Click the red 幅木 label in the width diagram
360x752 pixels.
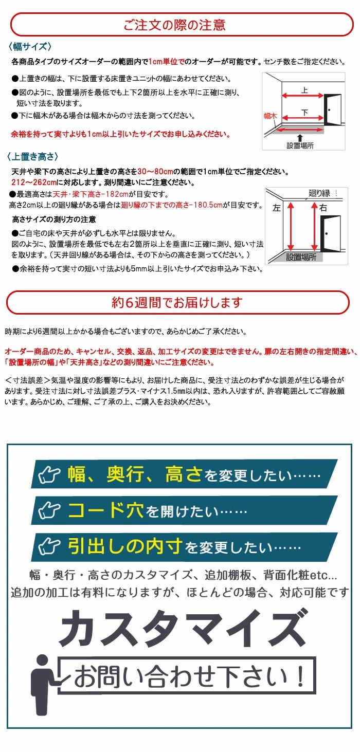coord(270,117)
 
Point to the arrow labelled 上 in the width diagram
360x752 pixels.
coord(303,96)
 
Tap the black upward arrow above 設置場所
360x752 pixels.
coord(300,137)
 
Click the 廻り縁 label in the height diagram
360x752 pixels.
coord(319,194)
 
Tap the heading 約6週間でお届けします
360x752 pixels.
coord(177,303)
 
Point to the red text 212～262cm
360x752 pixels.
coord(32,182)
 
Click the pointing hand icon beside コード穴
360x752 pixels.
coord(51,510)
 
